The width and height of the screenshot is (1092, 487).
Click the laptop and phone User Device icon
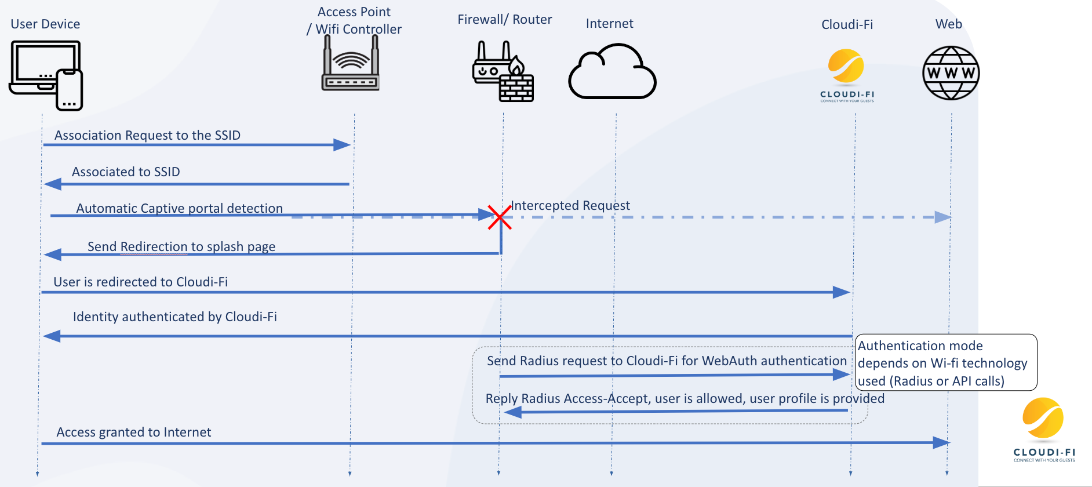tap(46, 75)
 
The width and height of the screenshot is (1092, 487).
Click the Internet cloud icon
tap(612, 72)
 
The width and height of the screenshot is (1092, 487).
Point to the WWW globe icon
tap(951, 73)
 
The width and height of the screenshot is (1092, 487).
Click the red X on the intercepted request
tap(499, 217)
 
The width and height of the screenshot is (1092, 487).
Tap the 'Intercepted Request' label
tap(570, 205)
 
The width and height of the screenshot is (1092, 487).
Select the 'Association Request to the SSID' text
tap(147, 135)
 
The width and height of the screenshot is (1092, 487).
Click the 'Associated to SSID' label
tap(126, 172)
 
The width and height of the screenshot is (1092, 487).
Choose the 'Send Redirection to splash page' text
tap(181, 246)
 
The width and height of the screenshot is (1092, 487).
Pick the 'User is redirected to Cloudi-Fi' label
tap(140, 282)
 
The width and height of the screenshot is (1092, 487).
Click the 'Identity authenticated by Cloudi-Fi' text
tap(174, 317)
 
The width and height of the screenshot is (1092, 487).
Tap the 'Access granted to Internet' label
tap(133, 432)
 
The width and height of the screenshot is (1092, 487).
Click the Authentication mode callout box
tap(945, 363)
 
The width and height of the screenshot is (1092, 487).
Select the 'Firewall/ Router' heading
tap(504, 19)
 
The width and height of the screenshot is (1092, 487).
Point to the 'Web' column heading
tap(948, 24)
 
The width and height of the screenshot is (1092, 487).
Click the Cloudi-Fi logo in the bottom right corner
tap(1043, 430)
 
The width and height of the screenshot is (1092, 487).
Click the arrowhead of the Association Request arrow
tap(343, 145)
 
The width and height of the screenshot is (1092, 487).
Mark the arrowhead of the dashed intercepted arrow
tap(943, 217)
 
